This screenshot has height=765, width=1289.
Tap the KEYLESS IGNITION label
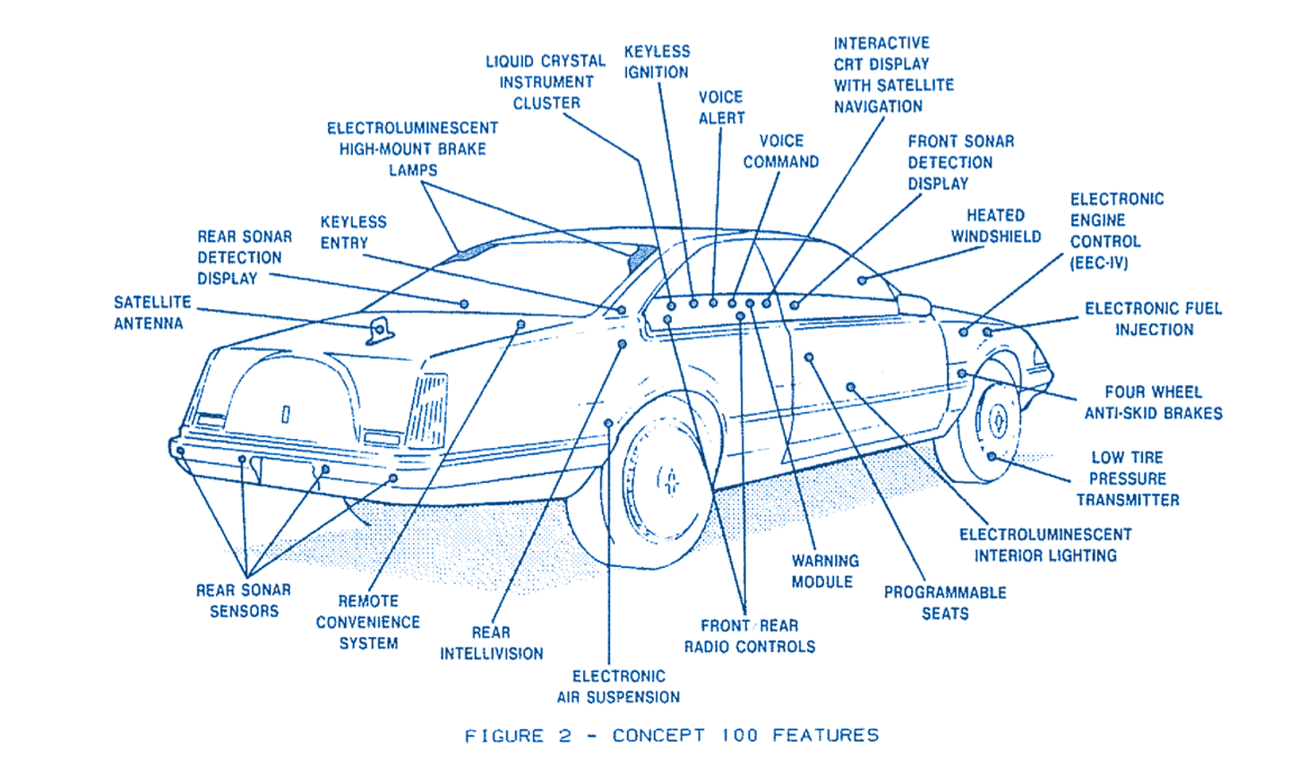(x=657, y=62)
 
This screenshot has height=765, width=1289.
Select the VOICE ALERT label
(x=721, y=107)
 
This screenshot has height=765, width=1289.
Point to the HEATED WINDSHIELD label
(x=995, y=226)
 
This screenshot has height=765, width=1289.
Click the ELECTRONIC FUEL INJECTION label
(x=1153, y=319)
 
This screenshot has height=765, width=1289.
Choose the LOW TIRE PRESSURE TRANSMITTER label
(x=1127, y=478)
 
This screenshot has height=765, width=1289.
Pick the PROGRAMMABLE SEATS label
(x=945, y=603)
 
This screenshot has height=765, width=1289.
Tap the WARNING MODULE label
(x=824, y=572)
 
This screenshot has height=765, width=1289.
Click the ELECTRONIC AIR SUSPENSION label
(x=618, y=686)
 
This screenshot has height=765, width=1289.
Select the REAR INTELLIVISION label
(x=491, y=643)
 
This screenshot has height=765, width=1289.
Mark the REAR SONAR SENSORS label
(x=244, y=600)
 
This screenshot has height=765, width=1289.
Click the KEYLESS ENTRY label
(x=353, y=232)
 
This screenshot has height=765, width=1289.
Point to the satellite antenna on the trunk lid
(x=380, y=330)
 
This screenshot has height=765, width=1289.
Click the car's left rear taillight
(x=428, y=409)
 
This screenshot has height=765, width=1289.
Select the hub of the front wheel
(x=997, y=421)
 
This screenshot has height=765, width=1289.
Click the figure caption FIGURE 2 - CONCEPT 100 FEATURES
(x=671, y=736)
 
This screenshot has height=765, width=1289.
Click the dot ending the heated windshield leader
(x=862, y=280)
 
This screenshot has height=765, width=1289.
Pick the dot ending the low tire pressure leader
(x=992, y=457)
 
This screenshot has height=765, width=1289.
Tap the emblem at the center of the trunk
(x=286, y=413)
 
